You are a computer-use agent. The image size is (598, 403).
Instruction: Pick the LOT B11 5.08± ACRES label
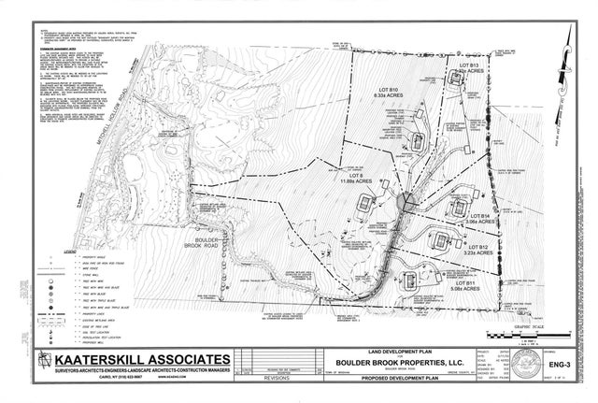point(467,286)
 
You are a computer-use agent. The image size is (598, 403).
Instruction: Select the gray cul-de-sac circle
point(404,200)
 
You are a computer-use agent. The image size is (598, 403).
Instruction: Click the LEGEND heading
point(70,252)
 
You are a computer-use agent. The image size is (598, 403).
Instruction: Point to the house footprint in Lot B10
point(420,140)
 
